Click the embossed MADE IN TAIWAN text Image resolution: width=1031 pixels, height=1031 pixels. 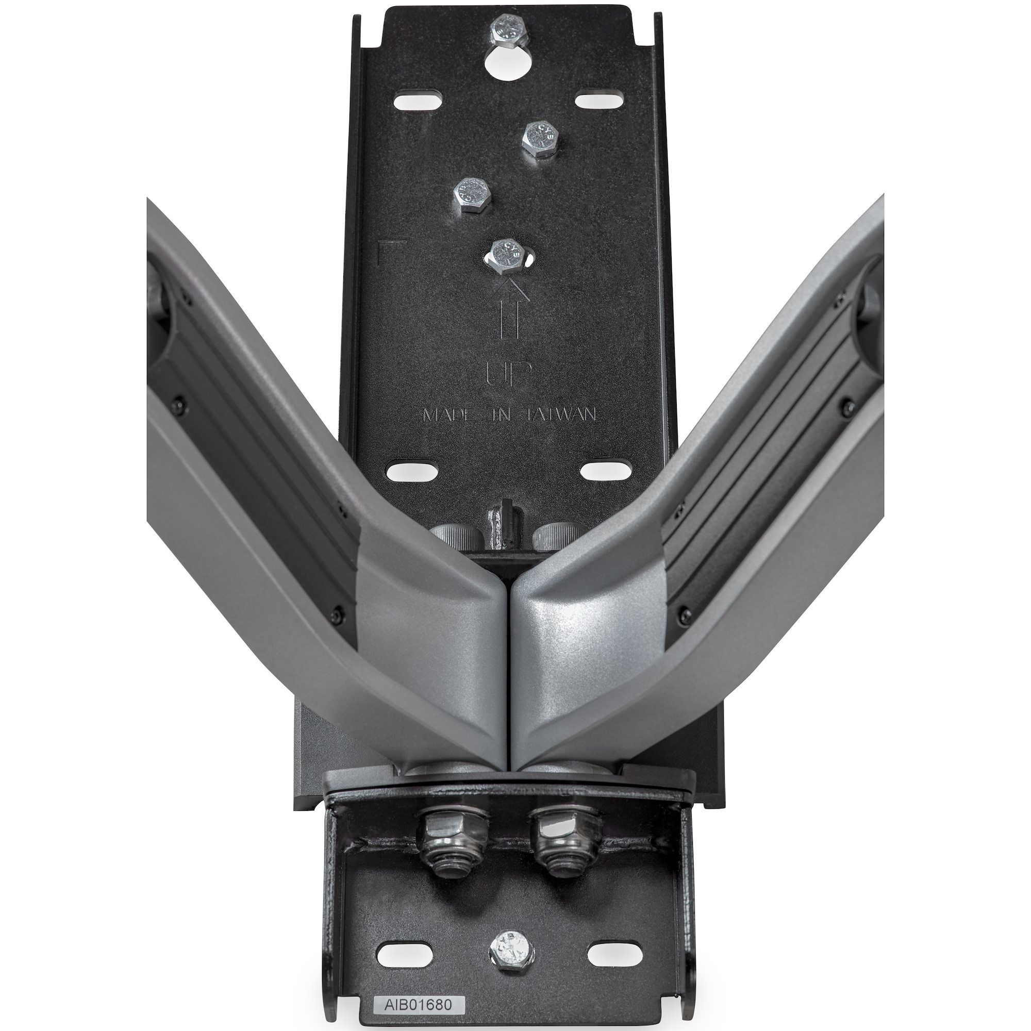pyautogui.click(x=509, y=415)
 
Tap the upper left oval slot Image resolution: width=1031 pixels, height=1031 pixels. pyautogui.click(x=419, y=101)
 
